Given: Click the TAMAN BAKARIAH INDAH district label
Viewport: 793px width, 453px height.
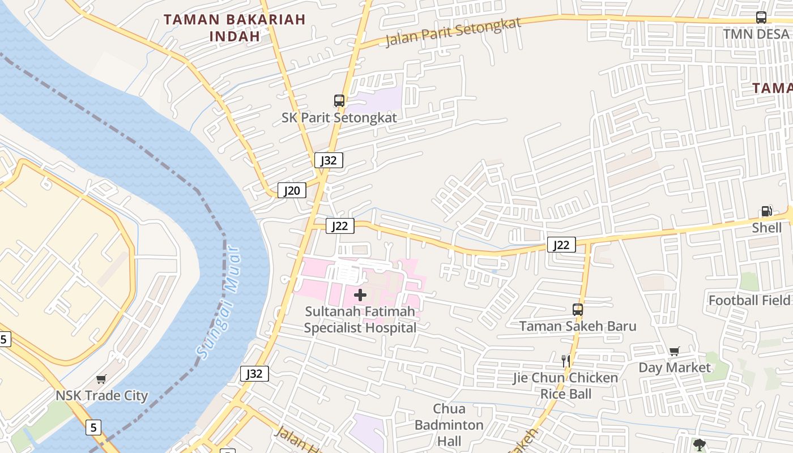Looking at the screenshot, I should pos(235,27).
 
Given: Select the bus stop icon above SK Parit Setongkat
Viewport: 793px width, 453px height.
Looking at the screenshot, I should pos(339,101).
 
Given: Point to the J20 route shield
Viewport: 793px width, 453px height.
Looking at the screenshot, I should pos(292,190).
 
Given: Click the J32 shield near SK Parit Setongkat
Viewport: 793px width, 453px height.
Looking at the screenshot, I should pos(329,160).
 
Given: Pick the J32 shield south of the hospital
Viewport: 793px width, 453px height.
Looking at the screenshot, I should pos(254,374).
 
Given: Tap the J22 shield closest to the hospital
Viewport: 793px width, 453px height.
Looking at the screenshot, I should pos(340,226).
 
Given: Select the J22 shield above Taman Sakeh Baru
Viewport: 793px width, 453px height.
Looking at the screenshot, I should pos(561,245).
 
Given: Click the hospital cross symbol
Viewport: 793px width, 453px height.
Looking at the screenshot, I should pos(360,294).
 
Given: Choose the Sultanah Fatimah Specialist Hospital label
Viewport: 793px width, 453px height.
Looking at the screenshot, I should pos(360,319).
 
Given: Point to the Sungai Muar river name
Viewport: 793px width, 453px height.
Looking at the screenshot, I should pos(217,302).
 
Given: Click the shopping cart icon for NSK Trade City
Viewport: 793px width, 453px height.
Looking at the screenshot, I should pos(101,379).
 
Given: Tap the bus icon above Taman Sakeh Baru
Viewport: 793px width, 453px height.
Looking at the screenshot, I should pos(578,310).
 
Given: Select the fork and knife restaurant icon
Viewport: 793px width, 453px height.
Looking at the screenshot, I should pos(565,361).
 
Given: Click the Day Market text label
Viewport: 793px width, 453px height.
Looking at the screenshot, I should pos(674,367).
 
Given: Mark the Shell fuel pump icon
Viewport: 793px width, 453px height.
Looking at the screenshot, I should pos(766,211).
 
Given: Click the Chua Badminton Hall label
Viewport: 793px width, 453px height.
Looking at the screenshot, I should pos(449,425).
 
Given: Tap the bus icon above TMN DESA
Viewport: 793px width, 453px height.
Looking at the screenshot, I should pos(761,18).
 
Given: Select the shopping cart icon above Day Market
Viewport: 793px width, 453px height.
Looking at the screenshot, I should pos(674,351).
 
